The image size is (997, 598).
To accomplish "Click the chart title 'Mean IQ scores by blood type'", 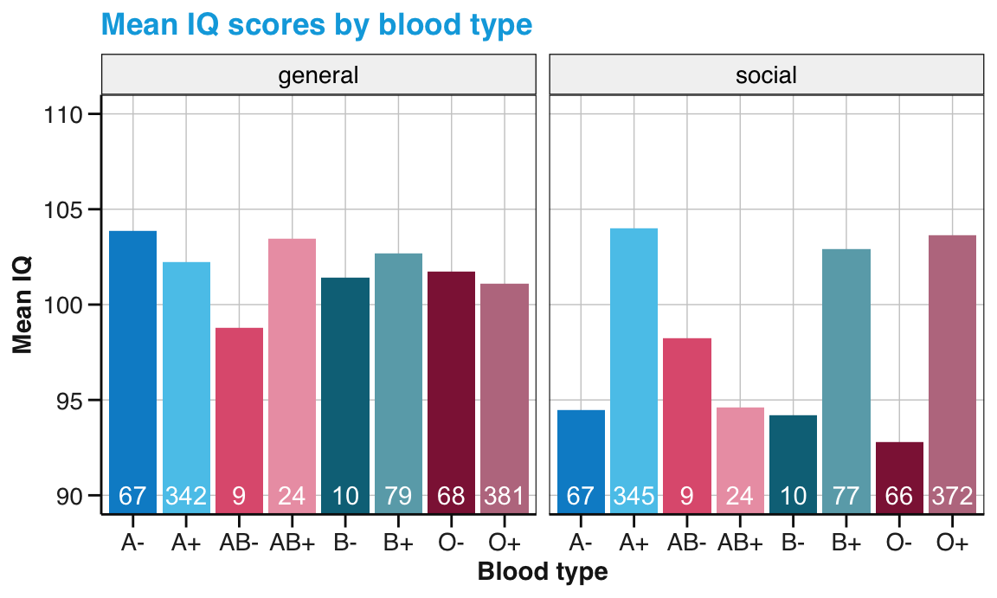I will click(316, 24).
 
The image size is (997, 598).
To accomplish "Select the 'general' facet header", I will click(318, 75).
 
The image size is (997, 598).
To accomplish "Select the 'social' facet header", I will click(766, 75).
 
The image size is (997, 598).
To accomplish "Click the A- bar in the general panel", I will click(133, 363).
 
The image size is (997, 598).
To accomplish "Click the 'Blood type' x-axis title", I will click(543, 572).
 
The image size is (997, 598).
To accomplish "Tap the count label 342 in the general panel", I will click(186, 497).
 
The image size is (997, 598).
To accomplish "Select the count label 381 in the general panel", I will click(504, 497).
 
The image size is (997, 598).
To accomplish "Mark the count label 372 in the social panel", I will click(952, 497).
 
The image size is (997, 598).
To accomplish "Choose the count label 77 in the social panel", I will click(846, 497).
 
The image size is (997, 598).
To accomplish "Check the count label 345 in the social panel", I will click(634, 497).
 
